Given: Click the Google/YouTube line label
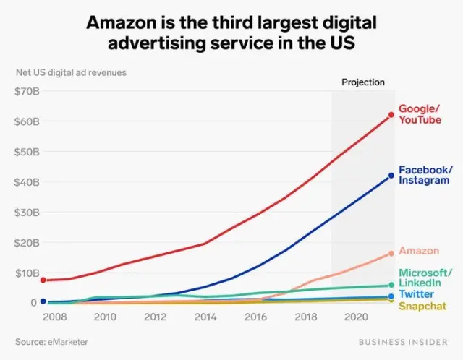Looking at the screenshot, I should click(x=419, y=114).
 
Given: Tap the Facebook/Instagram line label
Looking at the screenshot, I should click(x=425, y=175).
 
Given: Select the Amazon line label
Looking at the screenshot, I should click(x=419, y=251).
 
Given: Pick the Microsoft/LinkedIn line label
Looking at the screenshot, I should click(x=425, y=278).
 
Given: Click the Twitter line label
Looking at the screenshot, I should click(x=417, y=294).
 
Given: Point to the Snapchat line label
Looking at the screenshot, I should click(x=422, y=307).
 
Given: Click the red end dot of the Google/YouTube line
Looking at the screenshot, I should click(x=391, y=115).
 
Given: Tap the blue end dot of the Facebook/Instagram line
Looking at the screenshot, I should click(x=391, y=176).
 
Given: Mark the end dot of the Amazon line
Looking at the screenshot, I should click(x=391, y=253).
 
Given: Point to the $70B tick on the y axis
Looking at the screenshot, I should click(x=27, y=91).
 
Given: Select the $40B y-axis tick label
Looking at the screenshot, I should click(x=27, y=182).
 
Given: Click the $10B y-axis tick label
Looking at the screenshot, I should click(x=27, y=273).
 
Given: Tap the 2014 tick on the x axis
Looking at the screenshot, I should click(x=205, y=317).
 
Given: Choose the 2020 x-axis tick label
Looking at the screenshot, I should click(x=354, y=317).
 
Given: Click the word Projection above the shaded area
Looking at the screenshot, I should click(x=363, y=82).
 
